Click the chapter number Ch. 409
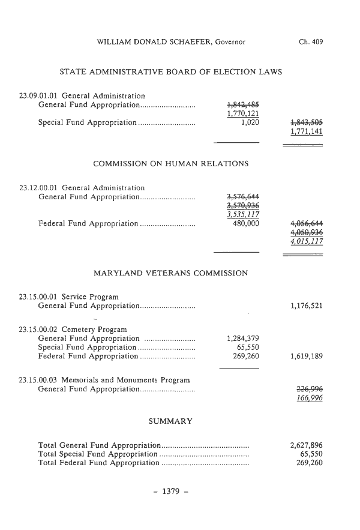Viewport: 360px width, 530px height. coord(310,42)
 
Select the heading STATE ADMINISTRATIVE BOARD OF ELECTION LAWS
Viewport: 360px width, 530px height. coord(171,72)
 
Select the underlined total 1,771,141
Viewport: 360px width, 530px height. coord(306,132)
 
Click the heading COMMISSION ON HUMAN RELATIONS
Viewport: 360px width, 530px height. coord(171,163)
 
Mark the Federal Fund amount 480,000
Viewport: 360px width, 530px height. coord(245,224)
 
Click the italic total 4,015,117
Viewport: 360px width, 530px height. coord(306,242)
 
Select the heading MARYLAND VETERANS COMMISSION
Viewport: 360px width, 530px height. coord(171,273)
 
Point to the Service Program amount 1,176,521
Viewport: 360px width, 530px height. coord(306,306)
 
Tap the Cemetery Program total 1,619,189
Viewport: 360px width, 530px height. coord(306,356)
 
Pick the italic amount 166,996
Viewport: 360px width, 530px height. coord(310,398)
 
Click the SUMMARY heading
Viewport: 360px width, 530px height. coord(170,421)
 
